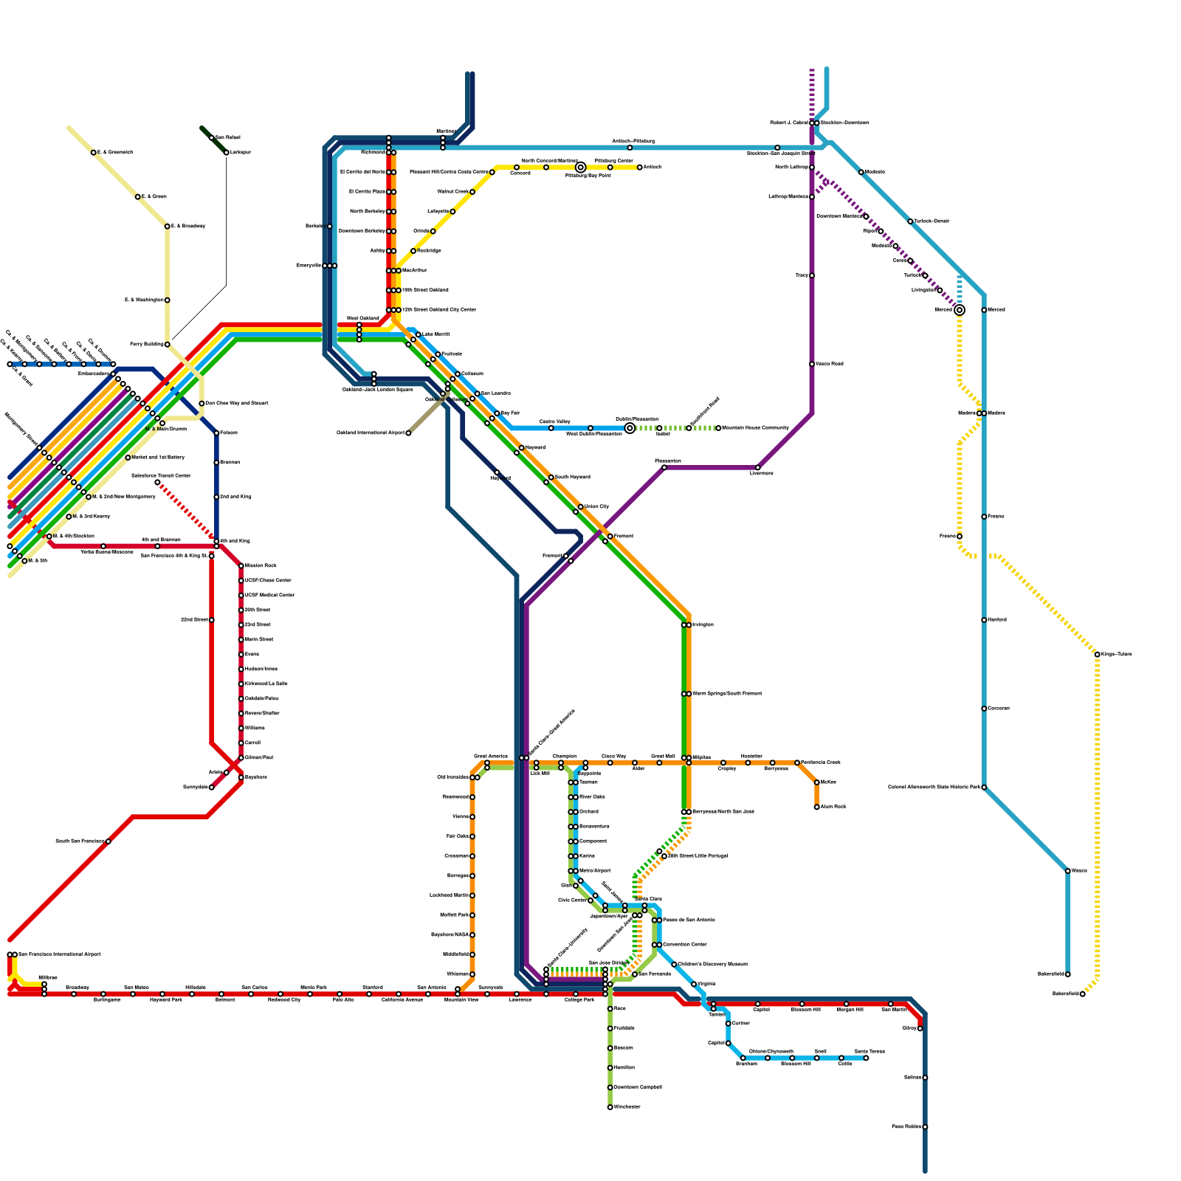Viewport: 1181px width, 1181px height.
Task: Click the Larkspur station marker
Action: (x=226, y=153)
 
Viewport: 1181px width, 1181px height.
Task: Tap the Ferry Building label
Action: (x=147, y=345)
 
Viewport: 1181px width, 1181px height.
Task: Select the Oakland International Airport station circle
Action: (x=408, y=433)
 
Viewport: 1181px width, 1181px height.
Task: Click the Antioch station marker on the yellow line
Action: (x=639, y=168)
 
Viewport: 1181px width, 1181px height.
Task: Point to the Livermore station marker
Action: (x=757, y=468)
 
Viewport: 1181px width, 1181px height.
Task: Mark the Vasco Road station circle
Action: (x=812, y=364)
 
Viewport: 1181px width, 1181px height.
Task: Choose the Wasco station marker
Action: (x=1067, y=871)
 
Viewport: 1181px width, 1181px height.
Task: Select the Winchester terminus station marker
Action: (x=610, y=1107)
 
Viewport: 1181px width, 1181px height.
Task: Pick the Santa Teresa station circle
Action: (x=866, y=1058)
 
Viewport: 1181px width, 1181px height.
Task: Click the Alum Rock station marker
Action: (x=816, y=807)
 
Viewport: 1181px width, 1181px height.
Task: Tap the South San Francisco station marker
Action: (x=109, y=841)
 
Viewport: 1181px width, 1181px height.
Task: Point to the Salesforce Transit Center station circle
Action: (x=157, y=483)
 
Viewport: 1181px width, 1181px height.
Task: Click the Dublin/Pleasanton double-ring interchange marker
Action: (x=630, y=428)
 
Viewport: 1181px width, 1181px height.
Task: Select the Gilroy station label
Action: (x=909, y=1028)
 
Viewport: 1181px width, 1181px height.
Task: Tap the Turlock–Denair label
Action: (x=932, y=221)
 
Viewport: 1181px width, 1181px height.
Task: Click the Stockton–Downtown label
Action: (x=844, y=123)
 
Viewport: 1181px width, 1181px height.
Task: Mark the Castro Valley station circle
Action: (x=551, y=428)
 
